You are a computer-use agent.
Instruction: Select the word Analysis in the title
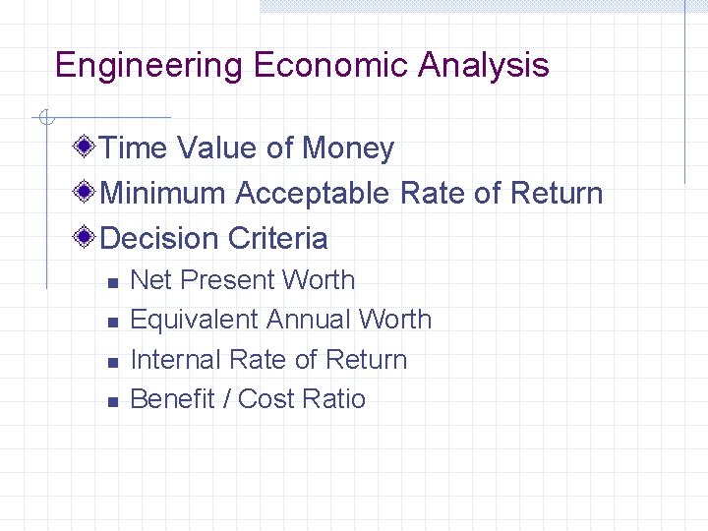(x=483, y=66)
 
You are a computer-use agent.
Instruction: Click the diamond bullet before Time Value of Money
(x=86, y=148)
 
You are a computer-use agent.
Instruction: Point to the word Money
(x=348, y=148)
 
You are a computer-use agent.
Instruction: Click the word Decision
(x=159, y=239)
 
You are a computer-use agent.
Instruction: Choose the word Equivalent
(x=194, y=320)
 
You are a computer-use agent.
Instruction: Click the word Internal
(x=173, y=360)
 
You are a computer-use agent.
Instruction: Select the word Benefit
(x=170, y=399)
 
